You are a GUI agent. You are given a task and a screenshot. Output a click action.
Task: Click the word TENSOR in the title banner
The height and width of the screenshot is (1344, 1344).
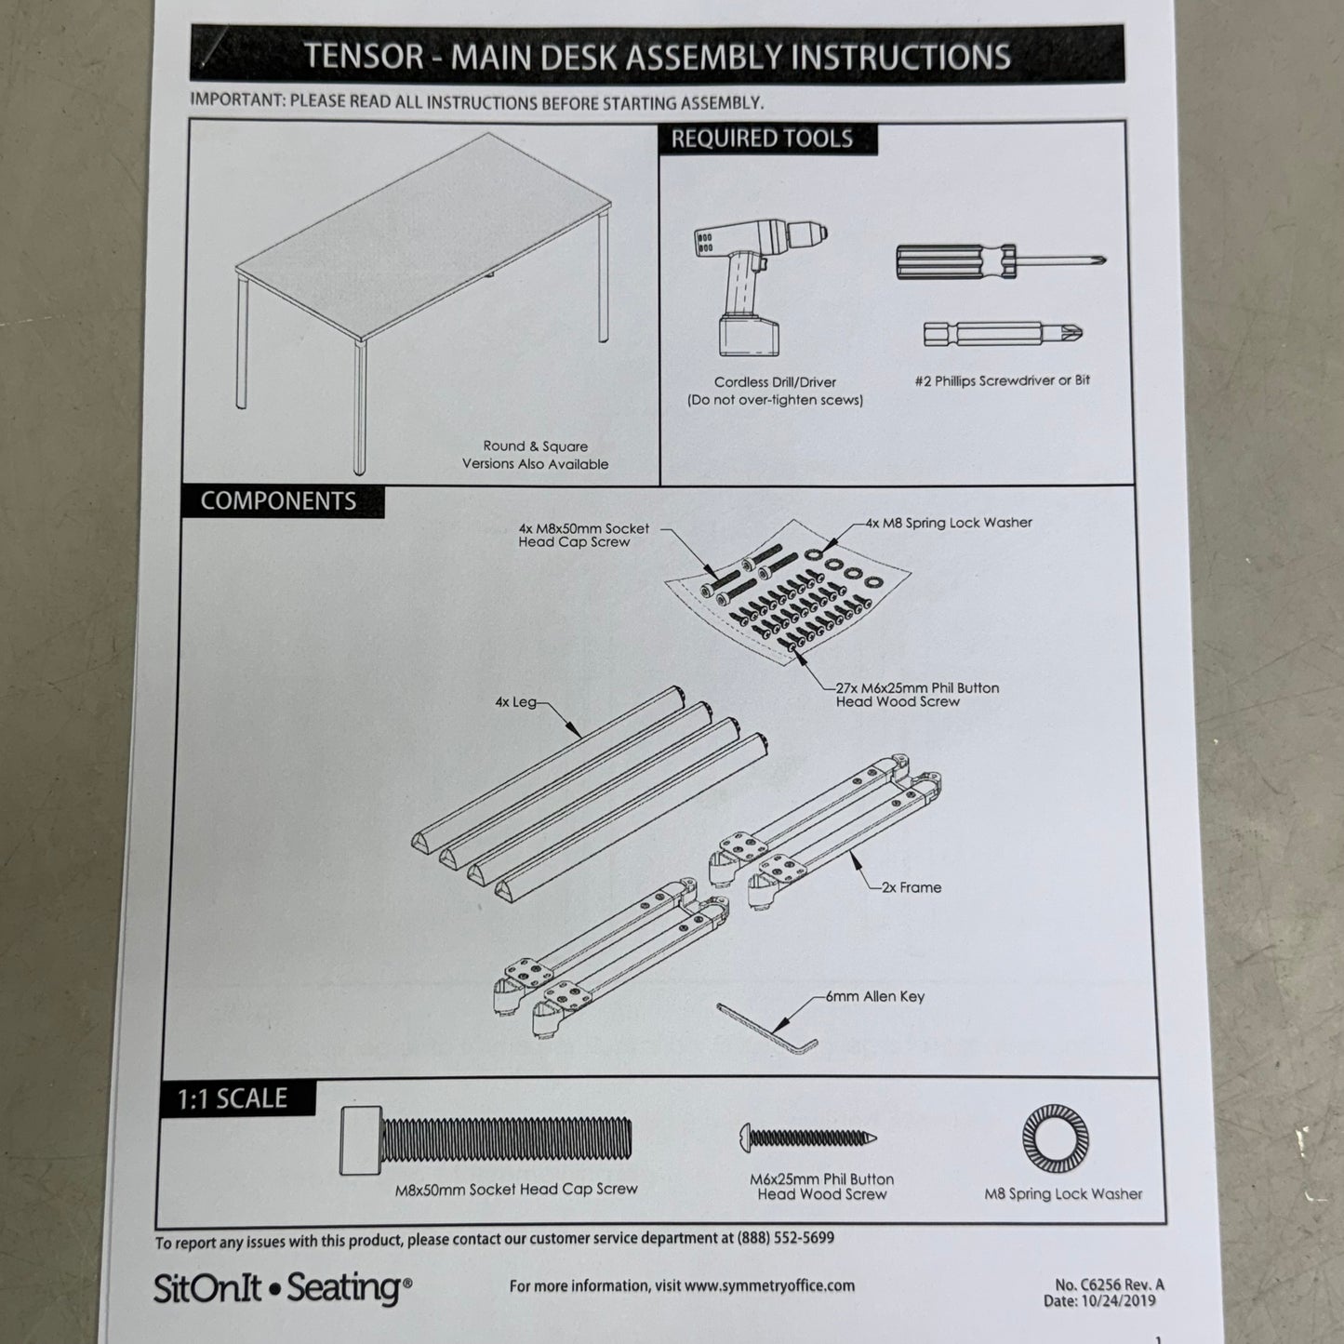click(x=364, y=56)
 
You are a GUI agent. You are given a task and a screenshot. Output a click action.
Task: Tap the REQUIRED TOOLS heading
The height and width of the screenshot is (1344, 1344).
click(x=762, y=140)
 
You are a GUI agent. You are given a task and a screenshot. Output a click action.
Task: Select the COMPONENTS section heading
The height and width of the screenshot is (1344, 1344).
click(x=278, y=501)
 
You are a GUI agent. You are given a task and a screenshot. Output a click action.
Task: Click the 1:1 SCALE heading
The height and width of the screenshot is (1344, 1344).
click(x=232, y=1098)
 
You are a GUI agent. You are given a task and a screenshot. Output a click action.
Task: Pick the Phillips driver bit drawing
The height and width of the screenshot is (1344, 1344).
click(x=1003, y=333)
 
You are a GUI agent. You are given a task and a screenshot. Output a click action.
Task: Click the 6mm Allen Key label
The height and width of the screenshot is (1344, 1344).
click(x=874, y=996)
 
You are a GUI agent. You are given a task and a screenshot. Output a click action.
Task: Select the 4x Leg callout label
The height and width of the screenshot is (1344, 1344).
click(x=515, y=702)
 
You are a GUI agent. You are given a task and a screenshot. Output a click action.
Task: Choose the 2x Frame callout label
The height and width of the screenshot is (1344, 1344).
click(x=912, y=887)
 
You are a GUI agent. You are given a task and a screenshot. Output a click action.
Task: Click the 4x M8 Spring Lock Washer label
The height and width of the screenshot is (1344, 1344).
click(x=948, y=523)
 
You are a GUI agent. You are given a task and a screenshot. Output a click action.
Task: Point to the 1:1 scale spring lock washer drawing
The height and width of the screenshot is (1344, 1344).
click(x=1055, y=1138)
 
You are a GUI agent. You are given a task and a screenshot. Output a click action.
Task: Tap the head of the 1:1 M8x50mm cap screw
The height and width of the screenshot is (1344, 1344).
click(x=362, y=1140)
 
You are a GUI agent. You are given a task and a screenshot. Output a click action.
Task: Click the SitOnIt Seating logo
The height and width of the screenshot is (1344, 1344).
click(x=282, y=1288)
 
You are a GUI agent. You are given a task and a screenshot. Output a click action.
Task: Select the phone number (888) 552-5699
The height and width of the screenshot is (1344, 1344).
click(x=785, y=1238)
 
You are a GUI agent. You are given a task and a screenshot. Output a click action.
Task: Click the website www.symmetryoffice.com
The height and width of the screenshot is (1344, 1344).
click(x=769, y=1285)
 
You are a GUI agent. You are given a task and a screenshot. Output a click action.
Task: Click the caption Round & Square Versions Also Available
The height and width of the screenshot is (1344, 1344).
click(x=535, y=455)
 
